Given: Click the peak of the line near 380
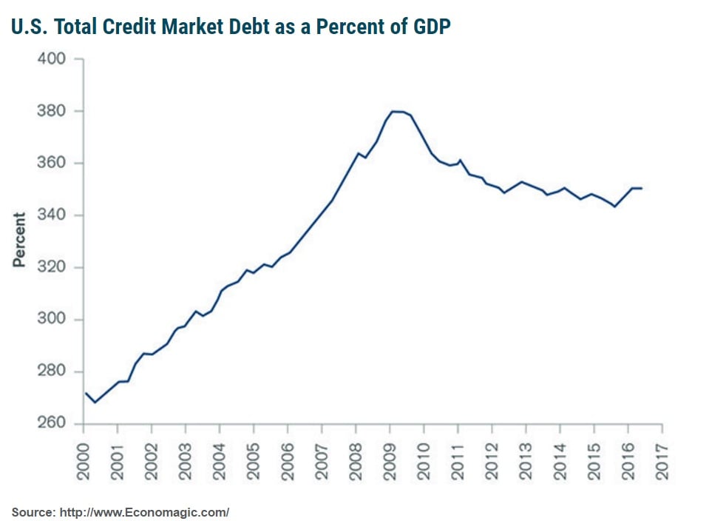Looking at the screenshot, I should coord(394,111).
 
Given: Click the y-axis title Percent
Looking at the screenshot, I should coord(20,240).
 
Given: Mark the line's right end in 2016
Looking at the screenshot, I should coord(641,188).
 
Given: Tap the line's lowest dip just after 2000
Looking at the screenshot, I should coord(95,402).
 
